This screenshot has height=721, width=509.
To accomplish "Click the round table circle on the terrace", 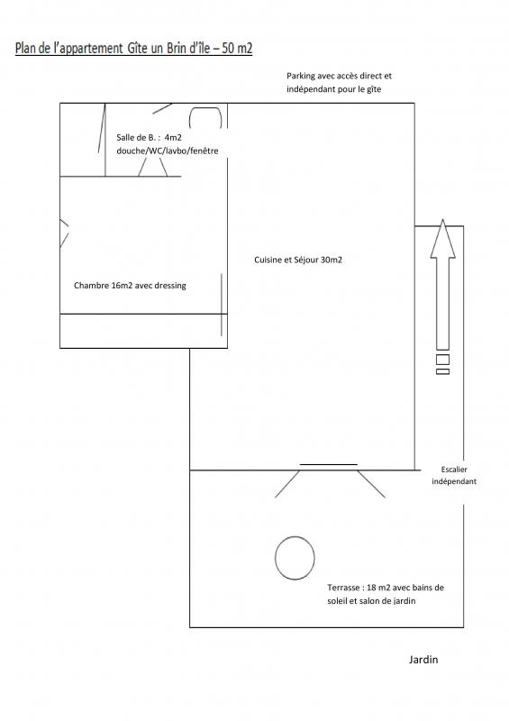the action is [x=275, y=558].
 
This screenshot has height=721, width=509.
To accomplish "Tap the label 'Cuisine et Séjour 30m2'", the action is [x=298, y=260].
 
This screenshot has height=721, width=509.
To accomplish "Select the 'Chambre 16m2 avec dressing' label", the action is [x=130, y=286].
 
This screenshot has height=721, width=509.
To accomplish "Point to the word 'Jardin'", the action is [x=423, y=660].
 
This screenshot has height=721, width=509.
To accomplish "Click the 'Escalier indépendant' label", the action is [x=454, y=476].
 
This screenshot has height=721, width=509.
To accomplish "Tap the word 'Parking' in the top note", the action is [x=301, y=76].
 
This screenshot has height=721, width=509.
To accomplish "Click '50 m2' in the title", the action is [x=237, y=49].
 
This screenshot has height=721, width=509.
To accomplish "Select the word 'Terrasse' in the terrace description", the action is [x=343, y=588].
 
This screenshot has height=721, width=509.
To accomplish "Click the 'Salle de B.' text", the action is [x=136, y=138].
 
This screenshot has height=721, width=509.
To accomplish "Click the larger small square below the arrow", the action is [x=443, y=359].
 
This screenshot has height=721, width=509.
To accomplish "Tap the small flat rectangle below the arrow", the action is [x=443, y=371].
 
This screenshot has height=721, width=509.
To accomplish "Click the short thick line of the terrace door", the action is [x=328, y=464].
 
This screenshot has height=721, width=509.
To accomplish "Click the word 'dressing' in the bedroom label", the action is [x=170, y=286].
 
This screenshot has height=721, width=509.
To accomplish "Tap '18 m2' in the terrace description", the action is [x=377, y=588].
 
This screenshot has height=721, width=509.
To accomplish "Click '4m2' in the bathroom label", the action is [x=173, y=138].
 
